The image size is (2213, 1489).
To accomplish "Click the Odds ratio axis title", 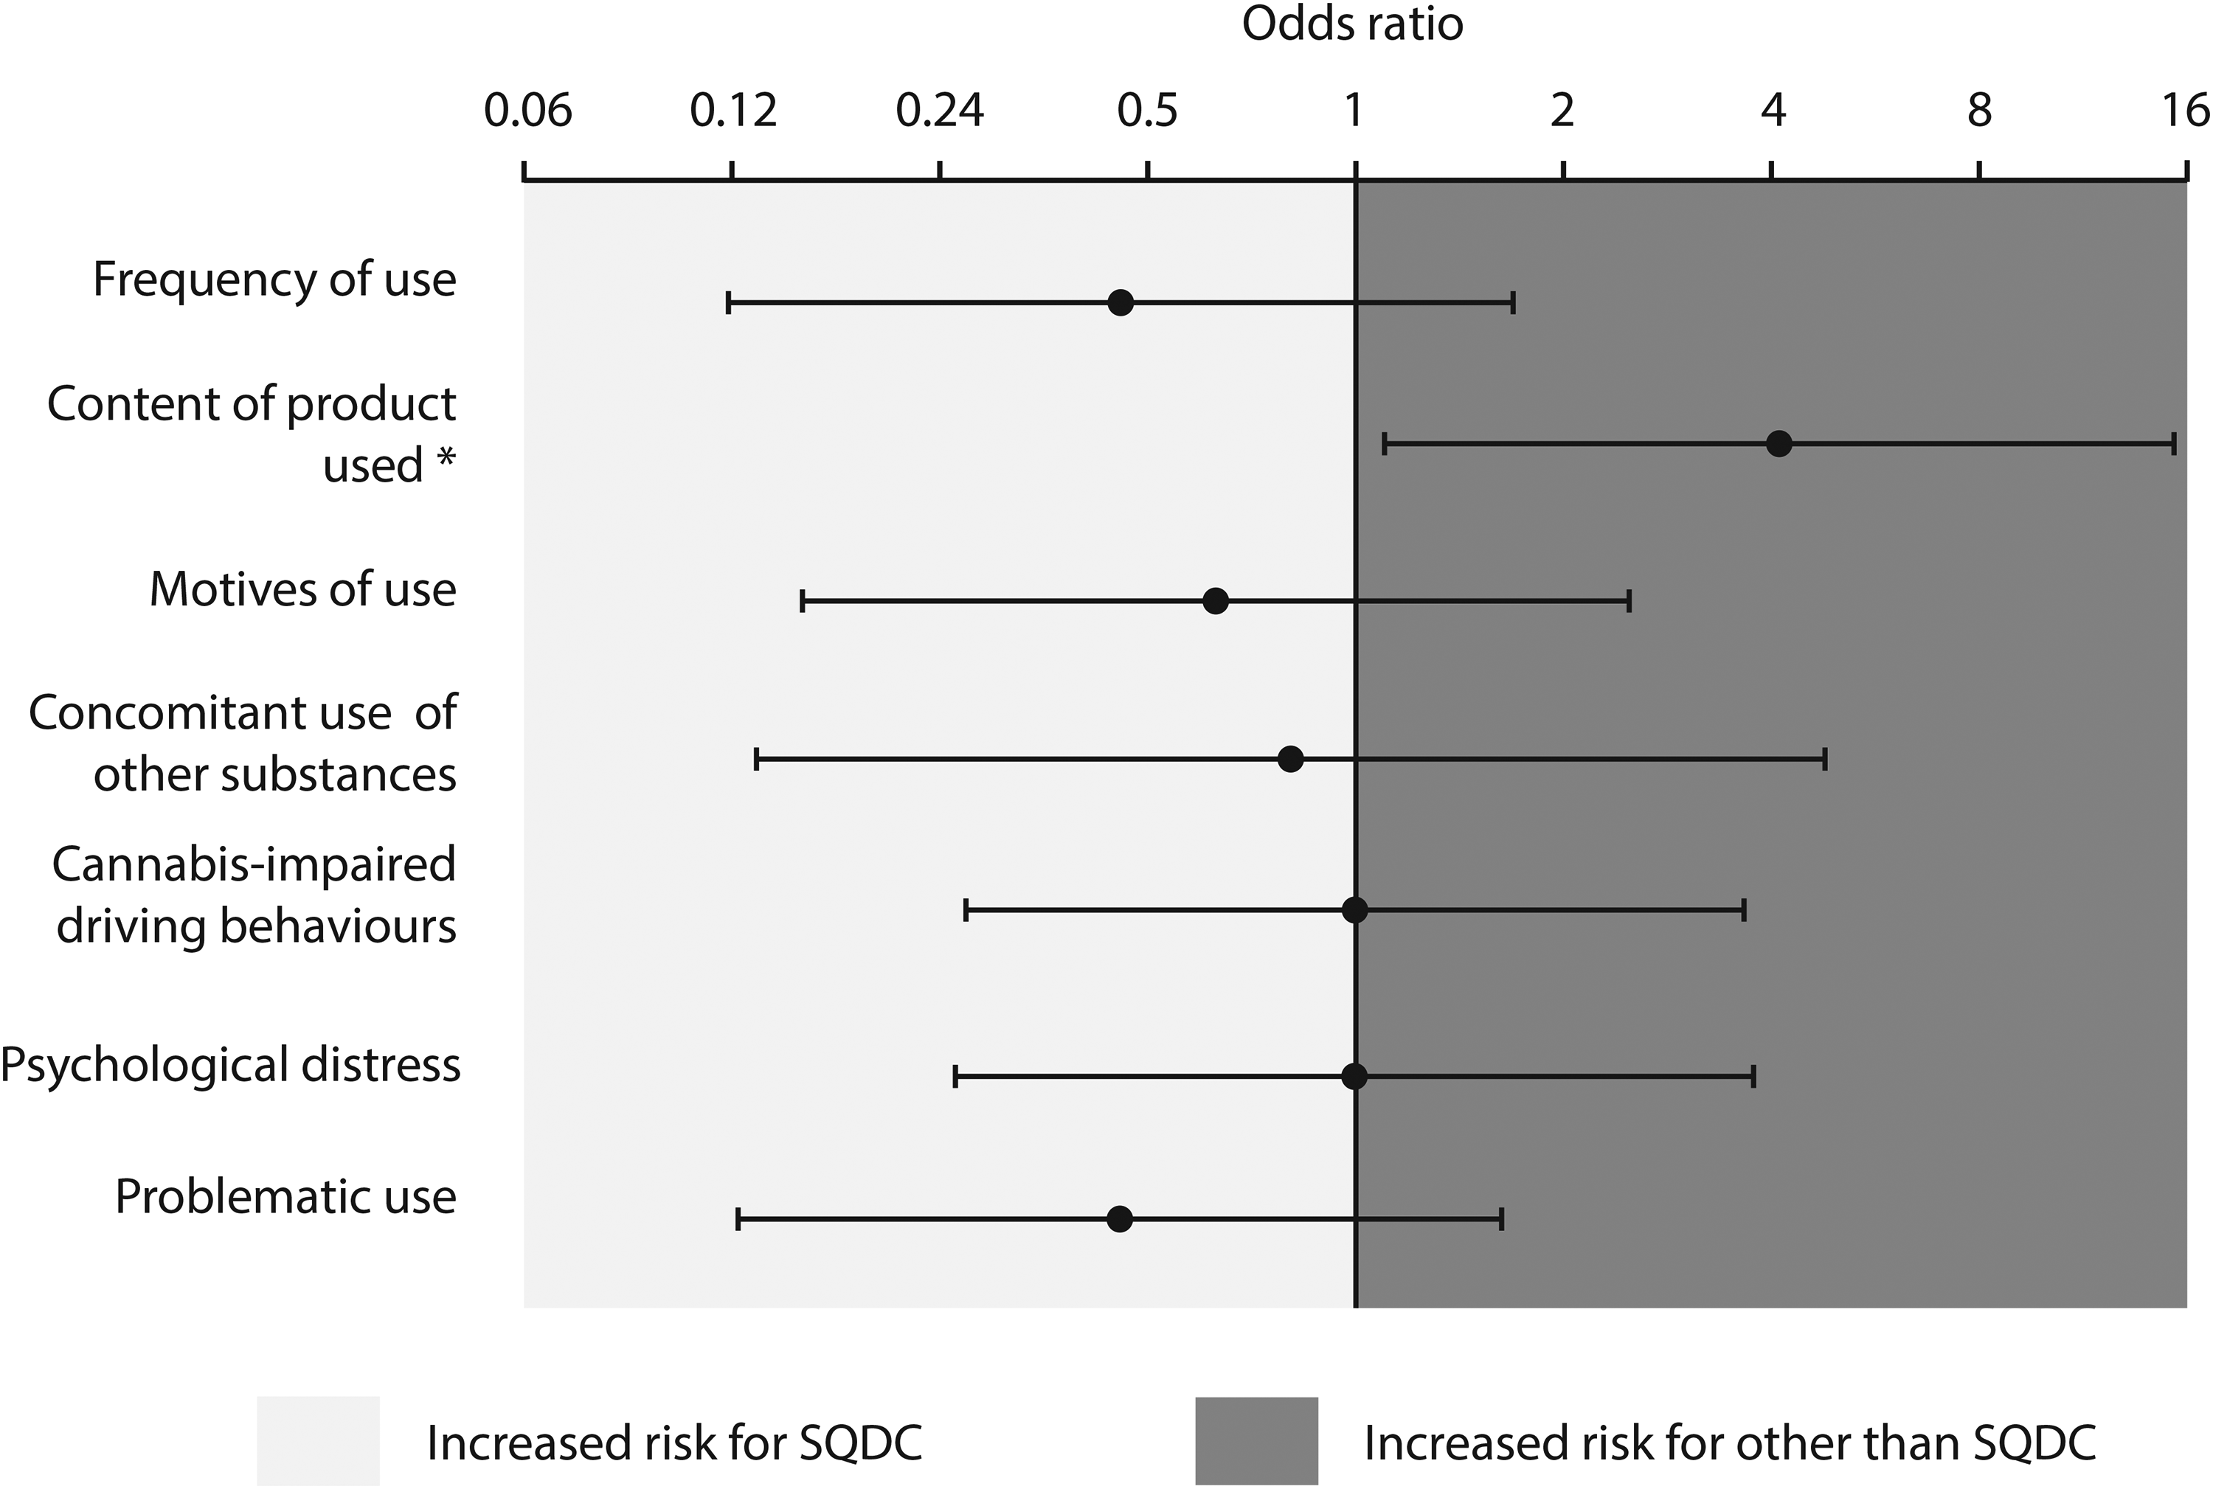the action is point(1352,24).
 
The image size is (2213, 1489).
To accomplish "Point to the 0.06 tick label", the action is point(527,111).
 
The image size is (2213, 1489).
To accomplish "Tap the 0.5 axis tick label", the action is point(1147,111).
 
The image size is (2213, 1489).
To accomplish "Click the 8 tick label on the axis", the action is point(1979,111).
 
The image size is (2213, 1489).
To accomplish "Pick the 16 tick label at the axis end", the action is point(2186,111).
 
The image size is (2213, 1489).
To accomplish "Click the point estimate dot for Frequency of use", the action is point(1121,303).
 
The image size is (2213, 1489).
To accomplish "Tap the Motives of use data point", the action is point(1216,601).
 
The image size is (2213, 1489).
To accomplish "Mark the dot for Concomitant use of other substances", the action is point(1289,760).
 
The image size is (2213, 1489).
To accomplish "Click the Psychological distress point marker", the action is point(1354,1077).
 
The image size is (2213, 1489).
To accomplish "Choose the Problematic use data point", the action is point(1120,1219).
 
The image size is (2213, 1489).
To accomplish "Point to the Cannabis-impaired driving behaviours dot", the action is point(1354,910).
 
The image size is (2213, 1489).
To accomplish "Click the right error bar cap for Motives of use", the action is point(1629,601).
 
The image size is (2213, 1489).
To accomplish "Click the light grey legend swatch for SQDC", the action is point(318,1440).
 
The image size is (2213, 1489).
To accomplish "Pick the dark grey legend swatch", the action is point(1256,1440).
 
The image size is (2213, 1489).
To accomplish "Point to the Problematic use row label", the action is point(286,1196).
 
